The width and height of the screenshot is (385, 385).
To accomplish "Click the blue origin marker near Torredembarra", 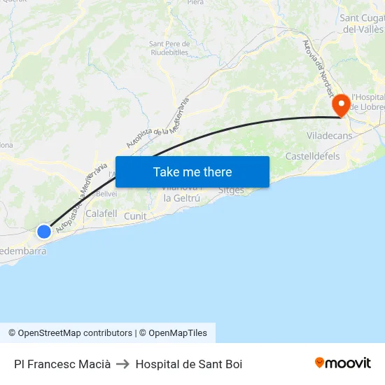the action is click(43, 231).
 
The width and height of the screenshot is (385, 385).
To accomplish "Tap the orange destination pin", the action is click(342, 106).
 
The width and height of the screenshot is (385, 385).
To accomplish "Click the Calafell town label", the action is click(101, 213).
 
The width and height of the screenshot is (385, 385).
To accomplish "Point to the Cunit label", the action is click(135, 216).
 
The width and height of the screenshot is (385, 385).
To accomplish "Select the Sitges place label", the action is click(232, 190).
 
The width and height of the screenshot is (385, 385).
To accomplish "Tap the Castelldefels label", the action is click(312, 155).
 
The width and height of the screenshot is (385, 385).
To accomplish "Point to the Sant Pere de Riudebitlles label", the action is click(169, 48).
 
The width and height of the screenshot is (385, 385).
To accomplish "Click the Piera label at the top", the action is click(195, 3).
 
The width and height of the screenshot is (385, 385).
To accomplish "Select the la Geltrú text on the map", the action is click(182, 198).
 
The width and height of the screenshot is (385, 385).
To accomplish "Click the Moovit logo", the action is click(343, 363).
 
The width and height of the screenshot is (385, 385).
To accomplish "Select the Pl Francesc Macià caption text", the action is click(62, 364).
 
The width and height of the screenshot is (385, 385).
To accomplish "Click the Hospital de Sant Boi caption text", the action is click(189, 364).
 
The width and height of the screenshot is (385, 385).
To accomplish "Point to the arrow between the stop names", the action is click(123, 364).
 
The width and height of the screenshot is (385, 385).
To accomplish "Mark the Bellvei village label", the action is click(106, 194).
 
